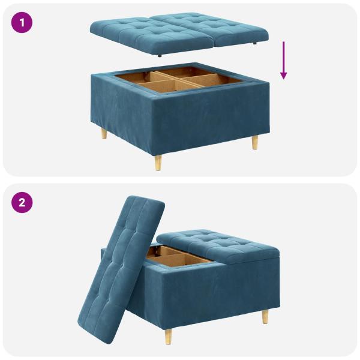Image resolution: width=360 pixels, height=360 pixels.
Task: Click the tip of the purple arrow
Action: point(283,78)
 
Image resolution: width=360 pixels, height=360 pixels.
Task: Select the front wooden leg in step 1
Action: point(158,162)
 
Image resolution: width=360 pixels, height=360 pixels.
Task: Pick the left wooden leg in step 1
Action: point(104,133)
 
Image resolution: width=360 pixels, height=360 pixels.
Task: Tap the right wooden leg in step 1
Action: point(255,142)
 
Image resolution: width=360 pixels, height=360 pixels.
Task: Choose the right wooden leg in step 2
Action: point(265,316)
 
